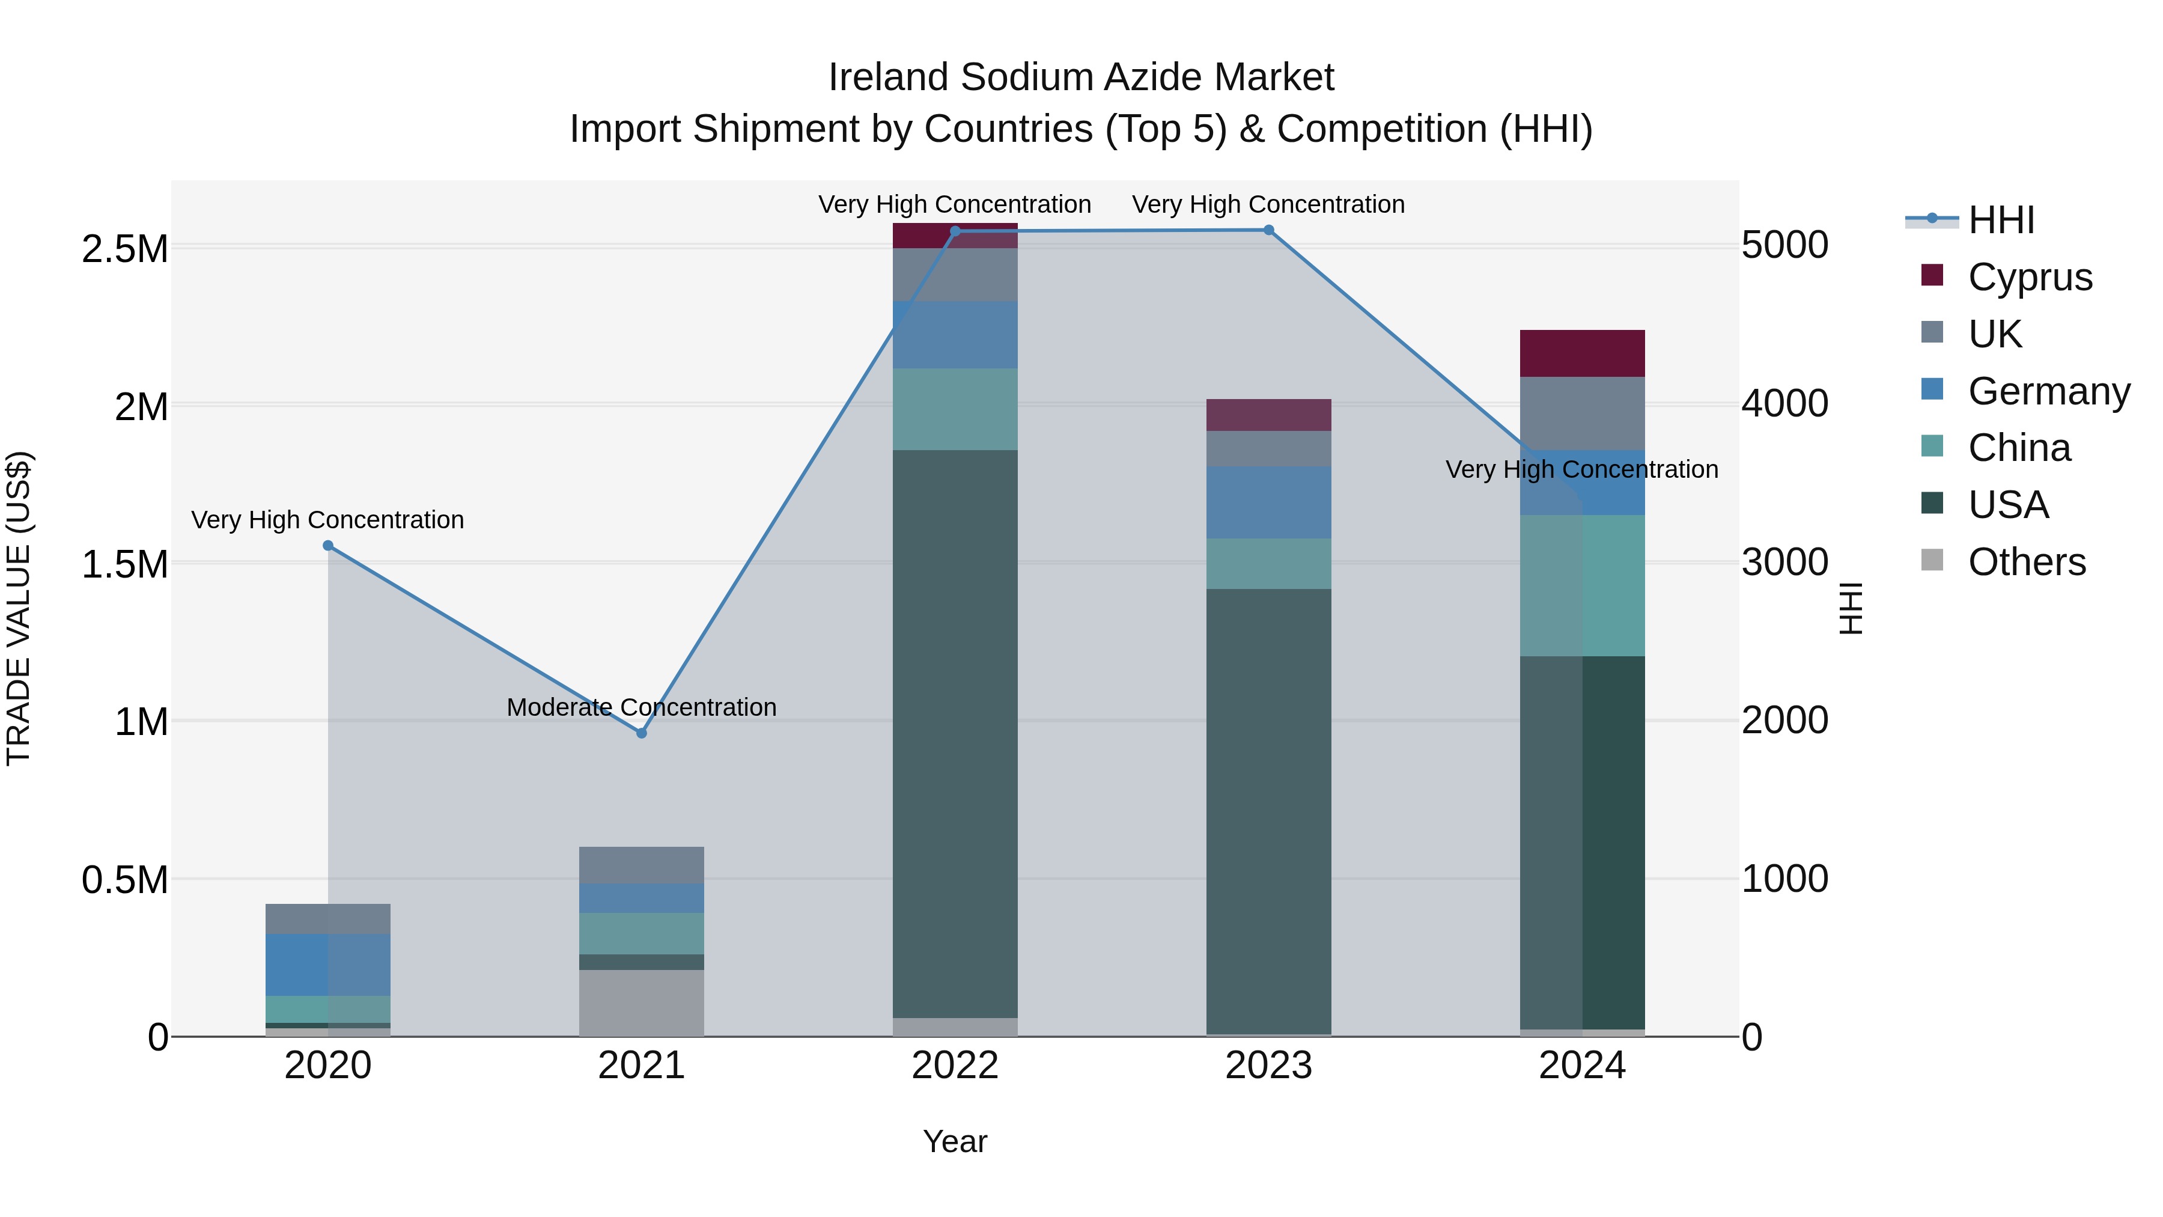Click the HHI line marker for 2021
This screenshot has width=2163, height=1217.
click(642, 733)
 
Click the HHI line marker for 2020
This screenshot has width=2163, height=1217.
click(328, 546)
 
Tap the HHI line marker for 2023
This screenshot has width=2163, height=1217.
click(1269, 230)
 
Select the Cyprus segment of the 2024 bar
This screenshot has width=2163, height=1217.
click(1582, 353)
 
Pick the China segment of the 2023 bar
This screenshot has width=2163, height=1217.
click(1269, 564)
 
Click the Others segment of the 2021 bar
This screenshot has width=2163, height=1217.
click(642, 1003)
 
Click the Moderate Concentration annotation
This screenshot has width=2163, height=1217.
click(642, 707)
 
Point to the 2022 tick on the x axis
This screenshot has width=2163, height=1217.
click(955, 1066)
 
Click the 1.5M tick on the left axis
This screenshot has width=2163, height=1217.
click(124, 564)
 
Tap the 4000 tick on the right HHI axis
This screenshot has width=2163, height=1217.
click(1784, 404)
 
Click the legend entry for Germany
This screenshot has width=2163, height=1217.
click(2048, 391)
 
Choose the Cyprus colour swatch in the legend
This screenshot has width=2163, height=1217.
click(1932, 275)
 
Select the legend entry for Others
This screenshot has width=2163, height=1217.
click(2026, 562)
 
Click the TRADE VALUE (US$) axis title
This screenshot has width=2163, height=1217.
click(19, 608)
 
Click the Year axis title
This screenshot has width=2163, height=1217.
click(955, 1141)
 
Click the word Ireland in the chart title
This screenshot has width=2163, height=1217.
click(889, 78)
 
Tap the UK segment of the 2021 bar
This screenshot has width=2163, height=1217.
click(642, 865)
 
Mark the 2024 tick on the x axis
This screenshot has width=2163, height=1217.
click(1582, 1066)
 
